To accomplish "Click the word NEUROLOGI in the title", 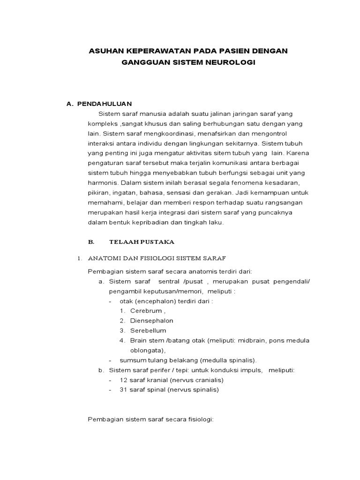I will pos(228,62).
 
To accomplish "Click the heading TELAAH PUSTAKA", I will pos(142,242).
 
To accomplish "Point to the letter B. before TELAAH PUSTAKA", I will pos(91,242).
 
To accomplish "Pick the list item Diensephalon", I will pos(151,321).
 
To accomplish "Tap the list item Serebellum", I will pos(148,330).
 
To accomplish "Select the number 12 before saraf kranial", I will pos(124,380).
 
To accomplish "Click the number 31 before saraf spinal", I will pos(124,390).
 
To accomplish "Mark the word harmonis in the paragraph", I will pos(103,182).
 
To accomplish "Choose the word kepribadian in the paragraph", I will pos(157,223).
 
